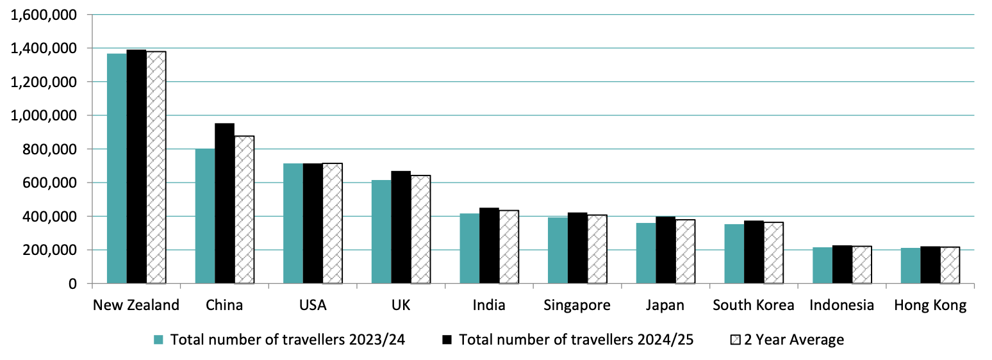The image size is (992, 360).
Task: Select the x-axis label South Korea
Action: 754,305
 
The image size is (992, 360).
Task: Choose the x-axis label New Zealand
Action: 136,305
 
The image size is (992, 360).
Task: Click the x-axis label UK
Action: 401,305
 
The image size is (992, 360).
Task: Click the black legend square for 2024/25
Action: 449,340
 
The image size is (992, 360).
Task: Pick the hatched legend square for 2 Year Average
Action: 736,340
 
